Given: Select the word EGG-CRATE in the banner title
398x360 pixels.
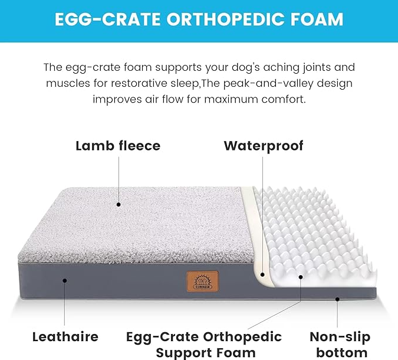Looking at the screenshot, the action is point(107,19).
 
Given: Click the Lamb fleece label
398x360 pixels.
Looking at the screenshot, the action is point(118,146).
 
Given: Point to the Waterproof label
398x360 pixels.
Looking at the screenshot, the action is point(264,146).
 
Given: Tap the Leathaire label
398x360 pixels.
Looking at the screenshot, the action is point(65,337).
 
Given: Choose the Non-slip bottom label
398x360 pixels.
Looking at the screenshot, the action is point(340,345).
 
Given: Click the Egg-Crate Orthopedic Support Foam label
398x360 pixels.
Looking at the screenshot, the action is point(204,345).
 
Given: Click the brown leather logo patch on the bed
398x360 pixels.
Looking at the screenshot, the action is point(203,282).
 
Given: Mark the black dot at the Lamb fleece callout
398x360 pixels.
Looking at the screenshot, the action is point(119,204).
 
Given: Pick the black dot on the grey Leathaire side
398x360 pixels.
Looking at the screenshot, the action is point(65,280).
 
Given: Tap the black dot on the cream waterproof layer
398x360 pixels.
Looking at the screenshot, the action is point(262,274).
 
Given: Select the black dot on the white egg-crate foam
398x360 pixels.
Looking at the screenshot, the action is point(301,277).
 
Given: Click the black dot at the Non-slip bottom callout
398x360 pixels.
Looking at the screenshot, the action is point(337,299).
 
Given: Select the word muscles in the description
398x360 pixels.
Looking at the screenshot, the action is point(68,83).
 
